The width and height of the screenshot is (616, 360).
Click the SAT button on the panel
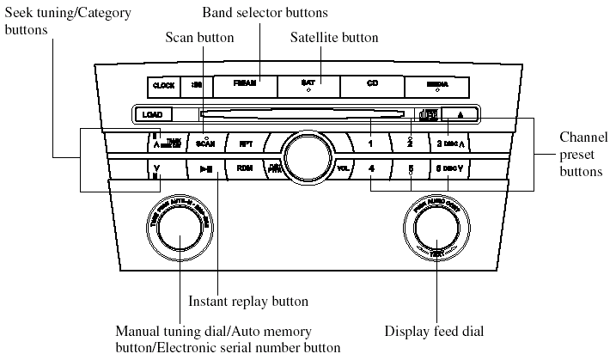point(308,85)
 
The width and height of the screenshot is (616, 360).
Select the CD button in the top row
point(372,85)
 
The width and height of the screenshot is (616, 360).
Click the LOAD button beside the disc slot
point(153,113)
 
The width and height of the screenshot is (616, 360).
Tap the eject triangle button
point(460,113)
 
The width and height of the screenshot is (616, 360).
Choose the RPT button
point(244,143)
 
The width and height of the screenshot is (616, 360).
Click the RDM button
point(244,168)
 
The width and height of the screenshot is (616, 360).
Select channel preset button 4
point(370,168)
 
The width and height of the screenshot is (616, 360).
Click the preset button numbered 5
point(412,168)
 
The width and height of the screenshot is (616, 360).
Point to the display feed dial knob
point(436,230)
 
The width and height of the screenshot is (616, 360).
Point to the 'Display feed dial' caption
point(435,331)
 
